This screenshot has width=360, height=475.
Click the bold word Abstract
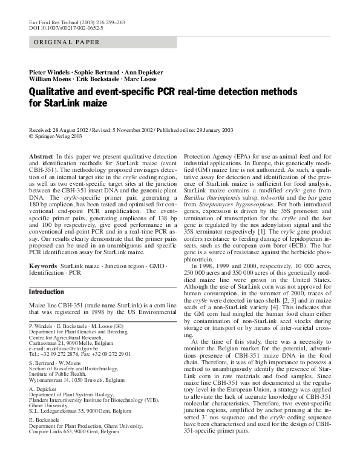coord(41,157)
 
